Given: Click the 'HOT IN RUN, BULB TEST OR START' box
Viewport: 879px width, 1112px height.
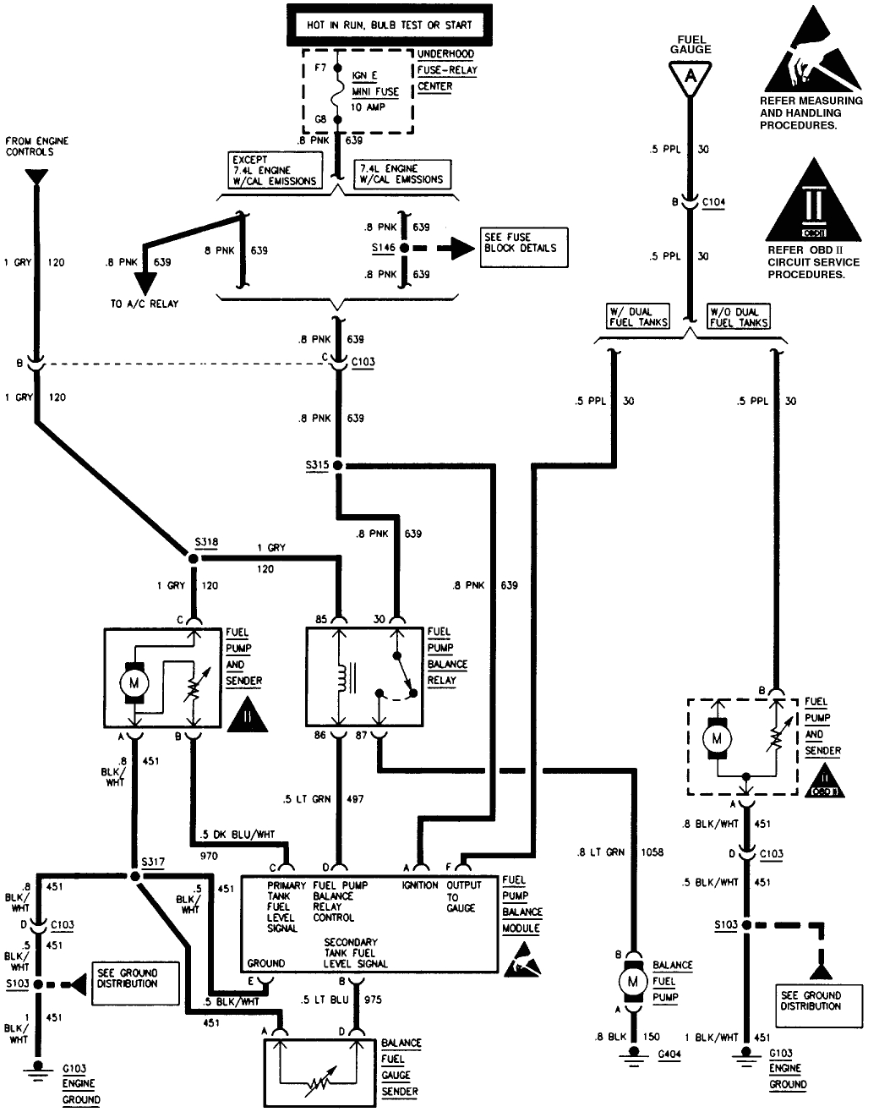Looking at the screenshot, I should tap(377, 25).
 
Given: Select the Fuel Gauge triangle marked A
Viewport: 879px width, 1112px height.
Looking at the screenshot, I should tap(691, 76).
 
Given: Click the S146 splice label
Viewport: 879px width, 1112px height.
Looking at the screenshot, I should tap(382, 249).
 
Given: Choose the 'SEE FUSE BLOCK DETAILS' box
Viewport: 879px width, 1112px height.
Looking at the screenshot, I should tap(524, 248).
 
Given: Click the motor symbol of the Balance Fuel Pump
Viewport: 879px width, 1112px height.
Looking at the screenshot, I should tap(632, 982).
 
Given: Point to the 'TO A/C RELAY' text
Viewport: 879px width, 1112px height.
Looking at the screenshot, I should tap(145, 304).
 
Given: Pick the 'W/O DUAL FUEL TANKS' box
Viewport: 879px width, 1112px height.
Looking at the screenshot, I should tap(739, 316).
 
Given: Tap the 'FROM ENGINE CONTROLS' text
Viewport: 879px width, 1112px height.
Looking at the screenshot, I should tap(36, 146).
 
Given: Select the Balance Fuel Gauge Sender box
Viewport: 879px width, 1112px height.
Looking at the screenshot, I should tap(319, 1070).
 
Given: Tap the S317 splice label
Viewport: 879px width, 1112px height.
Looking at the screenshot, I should tap(153, 861).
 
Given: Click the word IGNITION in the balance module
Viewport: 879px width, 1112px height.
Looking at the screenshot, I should tap(420, 885).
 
